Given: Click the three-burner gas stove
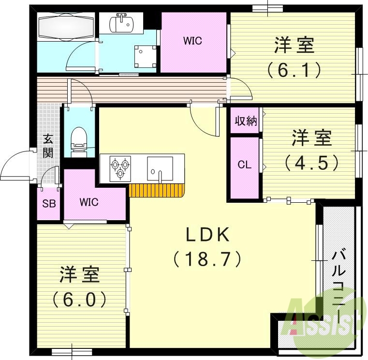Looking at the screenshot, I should [120, 167].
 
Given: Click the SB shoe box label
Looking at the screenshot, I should [49, 203].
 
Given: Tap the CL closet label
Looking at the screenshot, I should [245, 165].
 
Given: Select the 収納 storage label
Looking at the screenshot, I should [245, 121].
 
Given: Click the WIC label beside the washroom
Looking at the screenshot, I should [192, 41].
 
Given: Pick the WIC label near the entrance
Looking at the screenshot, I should [89, 202].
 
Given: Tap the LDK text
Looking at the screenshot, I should [207, 235].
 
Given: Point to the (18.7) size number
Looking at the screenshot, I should [207, 260].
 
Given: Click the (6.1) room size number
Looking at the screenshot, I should [294, 71].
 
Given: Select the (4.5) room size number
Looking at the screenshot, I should [311, 162].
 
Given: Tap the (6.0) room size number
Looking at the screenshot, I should [80, 300].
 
